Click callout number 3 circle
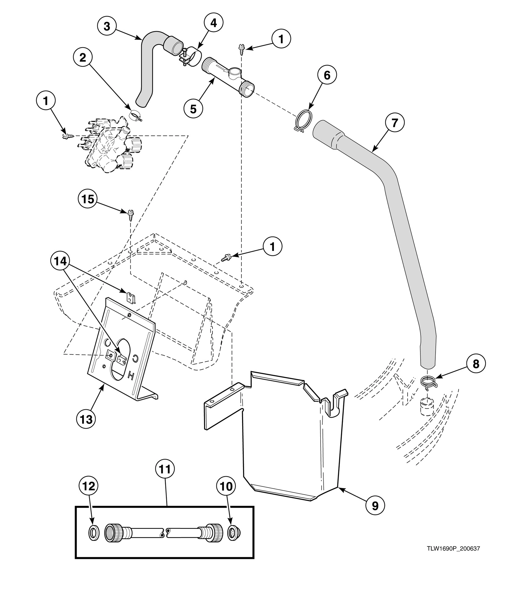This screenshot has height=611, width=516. point(107,26)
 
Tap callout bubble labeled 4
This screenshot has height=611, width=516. point(214,23)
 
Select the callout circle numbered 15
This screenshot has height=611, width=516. point(88,199)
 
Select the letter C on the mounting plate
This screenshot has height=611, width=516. point(136,358)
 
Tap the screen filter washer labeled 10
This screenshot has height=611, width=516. point(235,533)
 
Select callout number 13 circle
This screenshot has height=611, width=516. point(86,419)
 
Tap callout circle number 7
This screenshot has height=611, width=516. point(394,123)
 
